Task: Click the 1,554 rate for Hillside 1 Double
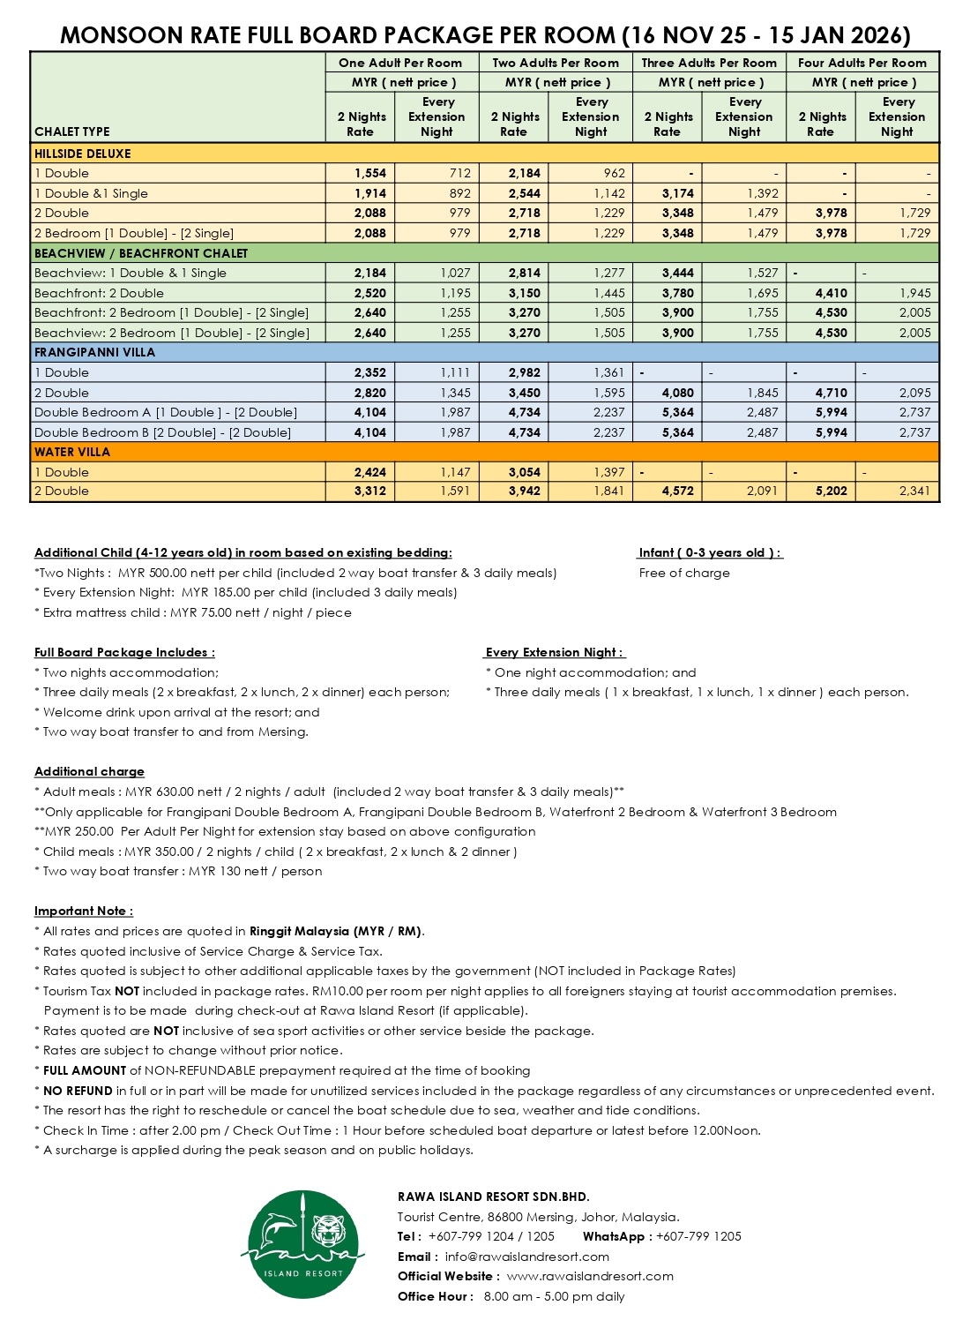370,174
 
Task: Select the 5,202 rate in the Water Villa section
831,491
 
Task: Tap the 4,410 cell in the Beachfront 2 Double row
831,293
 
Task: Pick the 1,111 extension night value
455,372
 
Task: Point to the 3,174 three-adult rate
677,193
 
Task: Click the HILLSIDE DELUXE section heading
82,154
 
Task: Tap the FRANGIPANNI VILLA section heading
94,352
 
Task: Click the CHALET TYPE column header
72,131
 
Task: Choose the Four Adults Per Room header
862,63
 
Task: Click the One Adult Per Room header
400,63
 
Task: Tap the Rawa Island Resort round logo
302,1244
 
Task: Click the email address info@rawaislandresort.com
526,1257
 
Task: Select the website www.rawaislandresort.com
590,1276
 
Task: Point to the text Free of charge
684,573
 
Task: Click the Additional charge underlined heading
89,771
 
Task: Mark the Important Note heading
84,911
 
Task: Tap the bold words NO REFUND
78,1091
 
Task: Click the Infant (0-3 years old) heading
710,552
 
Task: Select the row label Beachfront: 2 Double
99,293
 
